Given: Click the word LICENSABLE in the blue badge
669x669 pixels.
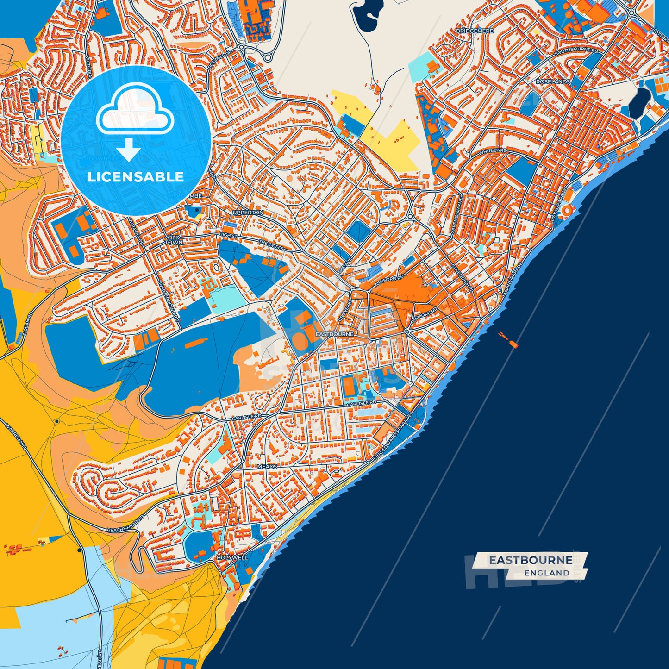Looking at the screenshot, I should pyautogui.click(x=136, y=177).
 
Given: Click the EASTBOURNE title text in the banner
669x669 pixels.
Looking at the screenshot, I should pyautogui.click(x=531, y=560).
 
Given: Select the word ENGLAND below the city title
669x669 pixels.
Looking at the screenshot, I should pyautogui.click(x=547, y=573).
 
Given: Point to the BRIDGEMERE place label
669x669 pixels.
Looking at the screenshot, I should pyautogui.click(x=475, y=31).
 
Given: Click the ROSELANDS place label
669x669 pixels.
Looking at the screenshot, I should pyautogui.click(x=553, y=81).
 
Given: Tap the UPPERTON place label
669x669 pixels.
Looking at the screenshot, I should pyautogui.click(x=248, y=213).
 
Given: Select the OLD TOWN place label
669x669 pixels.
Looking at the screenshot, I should pyautogui.click(x=174, y=240).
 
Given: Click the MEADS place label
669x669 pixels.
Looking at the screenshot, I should pyautogui.click(x=267, y=467).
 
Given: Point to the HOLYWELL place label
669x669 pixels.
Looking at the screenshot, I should pyautogui.click(x=232, y=558).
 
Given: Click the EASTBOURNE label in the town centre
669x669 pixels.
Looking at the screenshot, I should pyautogui.click(x=334, y=334).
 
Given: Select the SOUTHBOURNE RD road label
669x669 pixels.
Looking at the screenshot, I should pyautogui.click(x=576, y=50).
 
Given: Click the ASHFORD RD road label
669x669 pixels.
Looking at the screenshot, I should pyautogui.click(x=389, y=280).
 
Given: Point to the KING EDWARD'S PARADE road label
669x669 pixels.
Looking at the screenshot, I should pyautogui.click(x=392, y=437).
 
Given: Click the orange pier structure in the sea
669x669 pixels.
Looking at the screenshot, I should pyautogui.click(x=508, y=339).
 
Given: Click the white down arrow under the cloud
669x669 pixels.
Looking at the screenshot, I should pyautogui.click(x=128, y=151).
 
